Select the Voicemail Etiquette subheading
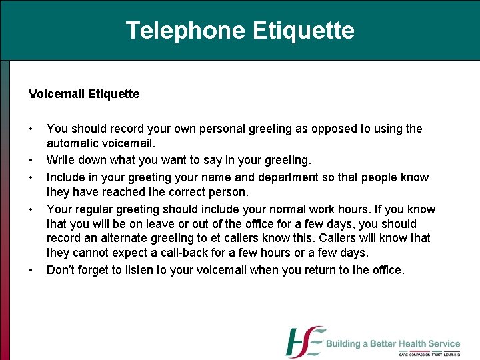point(84,94)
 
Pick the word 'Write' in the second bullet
point(61,160)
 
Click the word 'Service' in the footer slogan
point(443,344)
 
